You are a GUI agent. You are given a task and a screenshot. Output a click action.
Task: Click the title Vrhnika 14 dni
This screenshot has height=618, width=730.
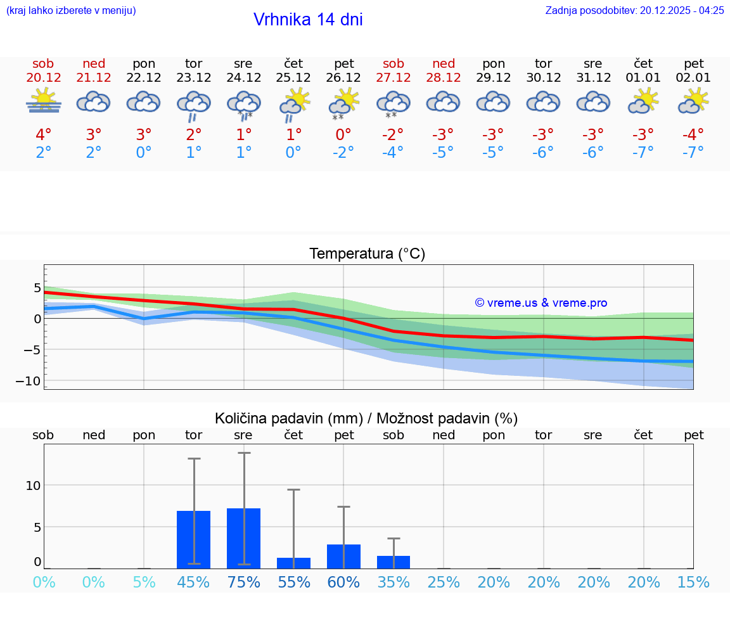coord(308,20)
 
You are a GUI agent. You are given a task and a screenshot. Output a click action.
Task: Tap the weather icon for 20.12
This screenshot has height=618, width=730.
coord(43,101)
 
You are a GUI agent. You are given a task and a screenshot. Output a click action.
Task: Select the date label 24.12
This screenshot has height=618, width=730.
coord(243,78)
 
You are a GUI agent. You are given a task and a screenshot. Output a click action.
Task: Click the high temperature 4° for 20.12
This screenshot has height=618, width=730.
coord(43,135)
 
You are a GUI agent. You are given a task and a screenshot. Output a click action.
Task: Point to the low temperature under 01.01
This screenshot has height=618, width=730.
coord(644,152)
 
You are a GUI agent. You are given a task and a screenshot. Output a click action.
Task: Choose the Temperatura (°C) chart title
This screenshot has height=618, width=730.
coord(367,254)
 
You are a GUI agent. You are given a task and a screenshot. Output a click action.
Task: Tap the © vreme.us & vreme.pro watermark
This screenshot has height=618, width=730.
coord(541,303)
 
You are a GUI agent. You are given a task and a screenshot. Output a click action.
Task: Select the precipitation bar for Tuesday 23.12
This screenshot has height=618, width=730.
coord(193,539)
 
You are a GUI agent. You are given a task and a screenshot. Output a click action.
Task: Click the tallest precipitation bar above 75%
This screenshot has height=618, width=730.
coord(244,538)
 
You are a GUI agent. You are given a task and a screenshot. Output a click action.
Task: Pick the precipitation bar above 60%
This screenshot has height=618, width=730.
coord(343,557)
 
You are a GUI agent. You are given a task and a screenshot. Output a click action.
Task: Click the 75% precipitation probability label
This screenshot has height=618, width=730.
coord(244,582)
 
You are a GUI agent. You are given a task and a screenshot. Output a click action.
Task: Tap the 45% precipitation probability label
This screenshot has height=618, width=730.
coord(193,582)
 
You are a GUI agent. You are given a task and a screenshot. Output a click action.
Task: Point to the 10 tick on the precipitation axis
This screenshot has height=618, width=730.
coord(33,486)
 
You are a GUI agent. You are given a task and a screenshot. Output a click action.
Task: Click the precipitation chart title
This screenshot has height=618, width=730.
coord(366,418)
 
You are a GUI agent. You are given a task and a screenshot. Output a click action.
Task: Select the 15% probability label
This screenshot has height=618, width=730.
coord(693,582)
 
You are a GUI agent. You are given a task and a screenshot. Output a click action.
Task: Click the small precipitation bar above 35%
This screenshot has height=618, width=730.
coord(394,562)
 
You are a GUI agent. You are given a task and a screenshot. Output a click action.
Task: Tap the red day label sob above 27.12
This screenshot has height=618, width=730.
coord(394,63)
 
